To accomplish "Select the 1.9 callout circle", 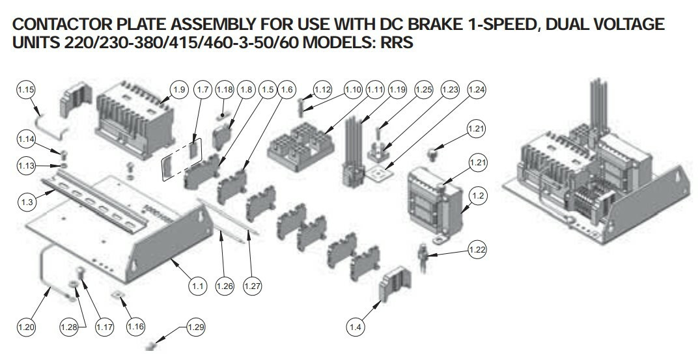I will click(179, 89).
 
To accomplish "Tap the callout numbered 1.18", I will click(224, 89).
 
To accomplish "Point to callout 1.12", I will click(323, 89).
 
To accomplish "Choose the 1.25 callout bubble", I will click(423, 89).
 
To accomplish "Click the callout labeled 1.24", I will click(476, 89).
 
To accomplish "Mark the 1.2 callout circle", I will click(478, 195).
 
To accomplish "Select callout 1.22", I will click(477, 249).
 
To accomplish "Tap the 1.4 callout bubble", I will click(355, 327).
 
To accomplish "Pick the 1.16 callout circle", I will click(135, 326).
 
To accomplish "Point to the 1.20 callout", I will click(26, 326).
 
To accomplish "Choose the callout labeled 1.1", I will click(197, 285).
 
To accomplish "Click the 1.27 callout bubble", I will click(252, 285).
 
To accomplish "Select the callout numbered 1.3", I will click(27, 202).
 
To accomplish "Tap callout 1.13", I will click(26, 166).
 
